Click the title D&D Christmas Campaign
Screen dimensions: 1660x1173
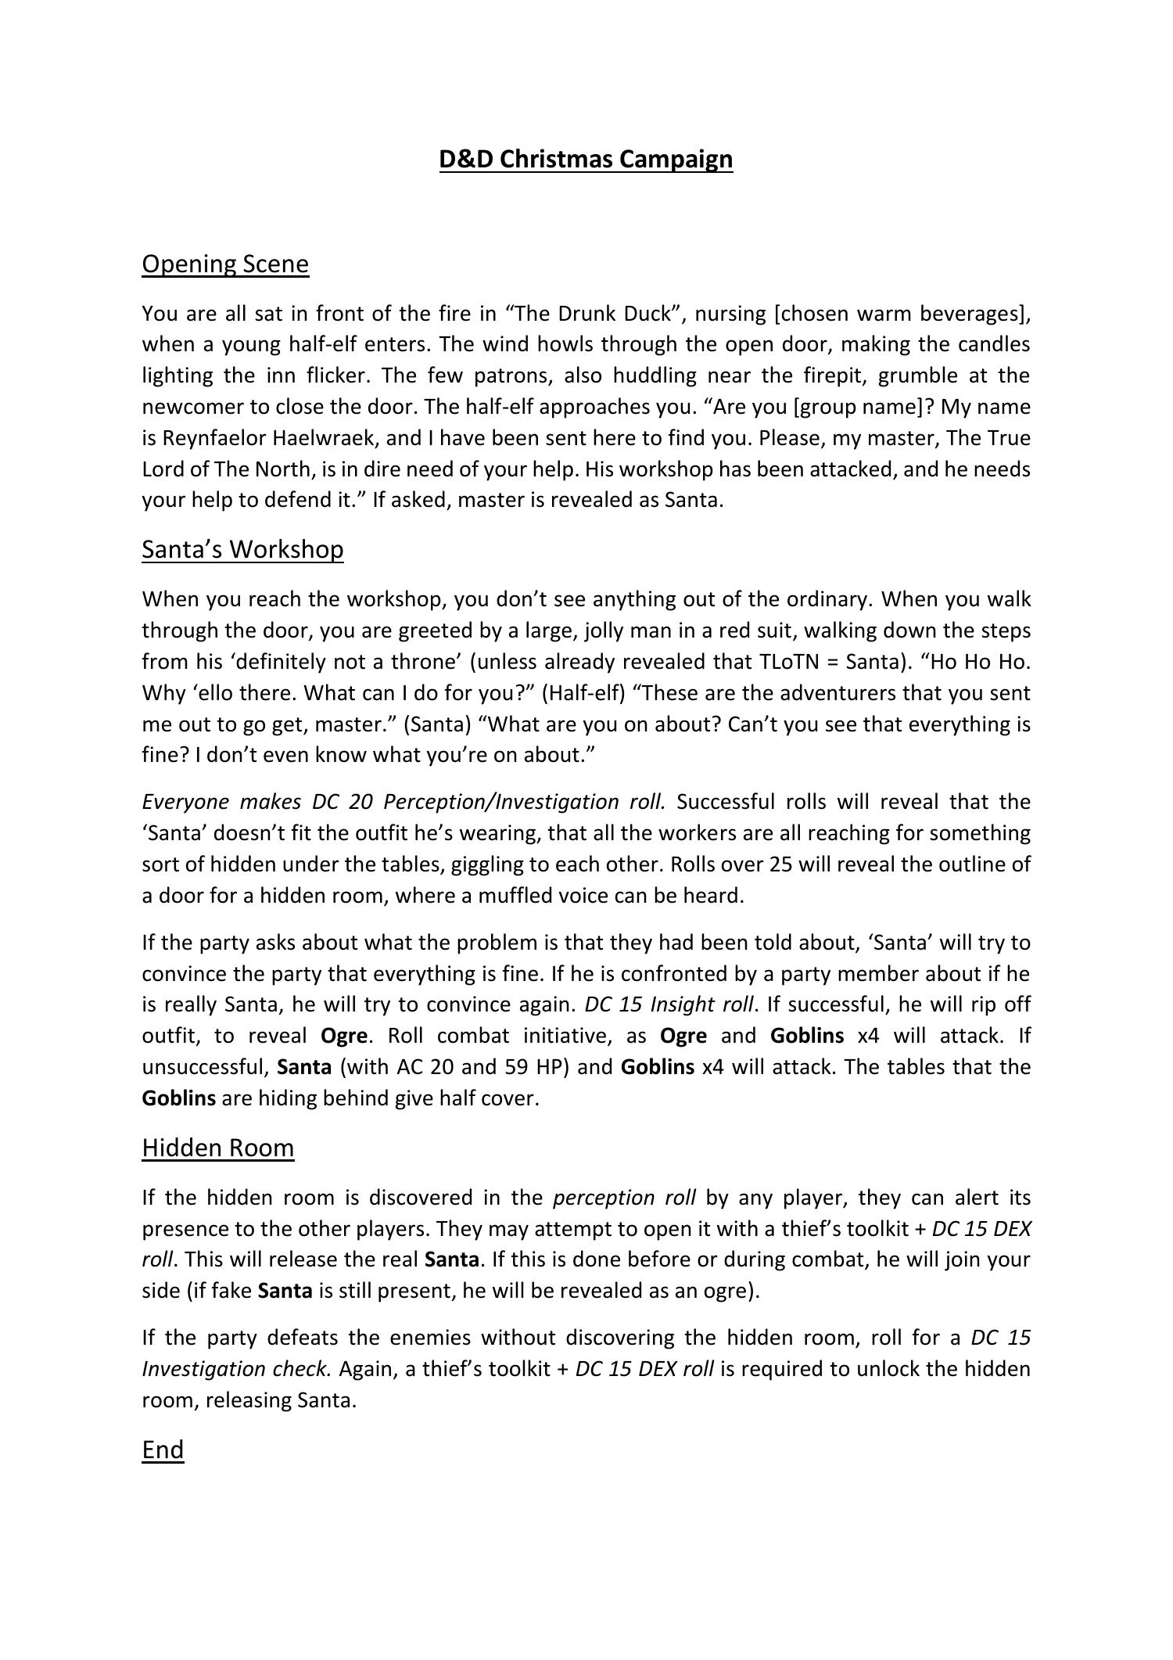pos(586,159)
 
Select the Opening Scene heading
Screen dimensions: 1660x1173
pos(225,264)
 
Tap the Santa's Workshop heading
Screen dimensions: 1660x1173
pos(242,550)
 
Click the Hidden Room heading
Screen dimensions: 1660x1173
pos(218,1148)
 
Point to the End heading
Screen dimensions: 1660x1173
pos(163,1450)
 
